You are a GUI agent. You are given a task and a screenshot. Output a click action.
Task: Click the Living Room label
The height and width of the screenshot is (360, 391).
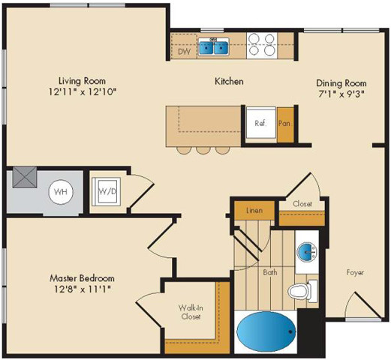coord(83,79)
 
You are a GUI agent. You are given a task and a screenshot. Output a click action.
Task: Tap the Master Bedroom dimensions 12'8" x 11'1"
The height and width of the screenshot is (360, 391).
coord(83,289)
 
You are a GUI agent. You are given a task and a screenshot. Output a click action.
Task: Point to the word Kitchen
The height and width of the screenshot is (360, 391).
coord(229,81)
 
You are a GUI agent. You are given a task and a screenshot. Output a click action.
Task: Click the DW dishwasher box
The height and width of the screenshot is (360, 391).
coord(184,52)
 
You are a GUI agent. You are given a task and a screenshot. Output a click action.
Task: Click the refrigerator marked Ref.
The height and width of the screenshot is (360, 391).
coord(260,123)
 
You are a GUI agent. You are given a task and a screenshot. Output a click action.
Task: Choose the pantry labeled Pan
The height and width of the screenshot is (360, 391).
coord(284,123)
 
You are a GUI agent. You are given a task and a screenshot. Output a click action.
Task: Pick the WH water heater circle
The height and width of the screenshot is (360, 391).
coord(60,191)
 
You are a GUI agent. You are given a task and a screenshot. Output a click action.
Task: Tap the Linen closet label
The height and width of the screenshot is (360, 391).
coord(254,211)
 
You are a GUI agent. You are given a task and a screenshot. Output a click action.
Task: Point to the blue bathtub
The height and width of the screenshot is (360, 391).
coord(266,330)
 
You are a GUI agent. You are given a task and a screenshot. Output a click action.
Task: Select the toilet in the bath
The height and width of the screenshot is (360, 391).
coord(301,291)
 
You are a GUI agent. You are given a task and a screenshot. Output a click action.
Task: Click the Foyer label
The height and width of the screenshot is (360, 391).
coord(355,272)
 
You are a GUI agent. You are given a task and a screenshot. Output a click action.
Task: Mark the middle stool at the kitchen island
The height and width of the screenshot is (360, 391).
coord(203,150)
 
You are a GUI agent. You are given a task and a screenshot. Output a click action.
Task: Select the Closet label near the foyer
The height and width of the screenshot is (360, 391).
coord(302,203)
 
